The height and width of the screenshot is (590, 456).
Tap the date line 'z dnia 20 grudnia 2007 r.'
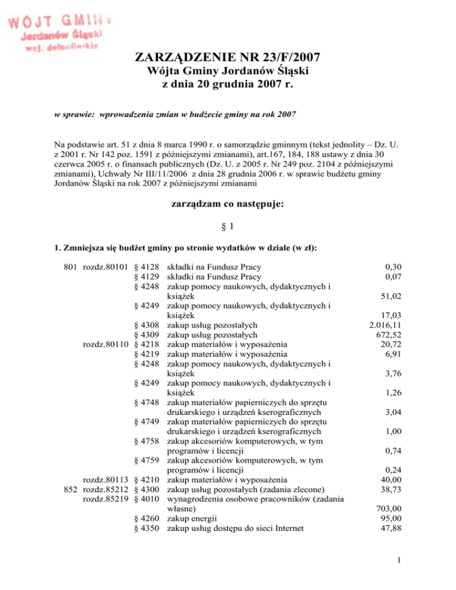pyautogui.click(x=229, y=85)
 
